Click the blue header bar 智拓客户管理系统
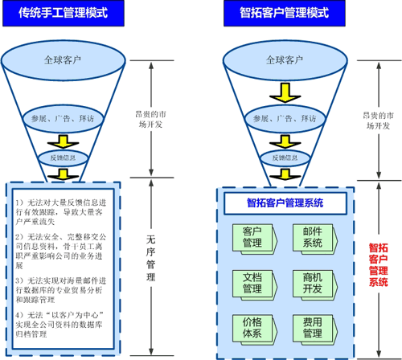[285, 203]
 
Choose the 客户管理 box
[252, 238]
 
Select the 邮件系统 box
[313, 238]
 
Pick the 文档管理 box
[252, 283]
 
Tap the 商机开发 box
[313, 283]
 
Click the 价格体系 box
[252, 328]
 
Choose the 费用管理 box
[313, 328]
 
